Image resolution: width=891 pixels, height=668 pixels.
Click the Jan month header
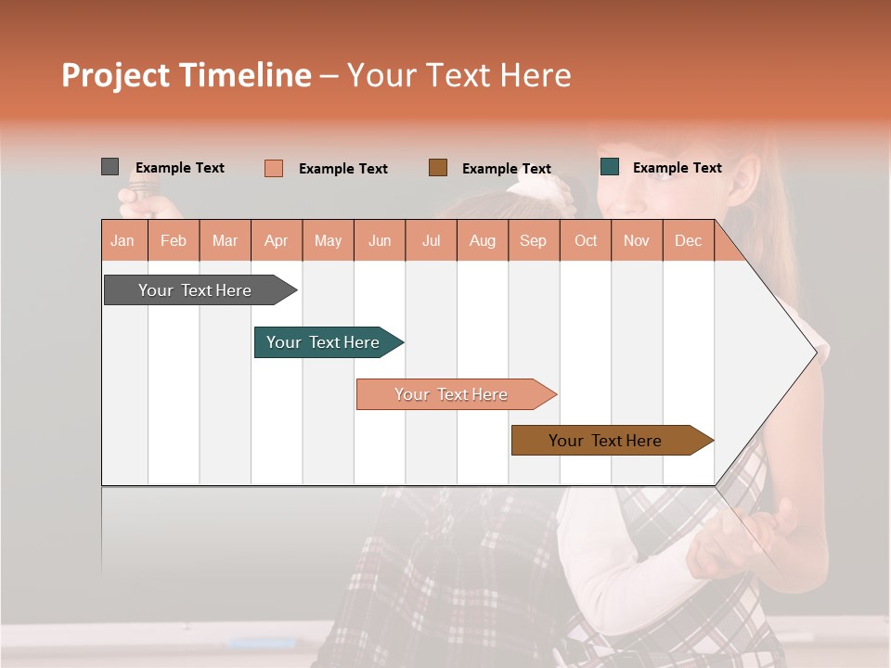point(123,241)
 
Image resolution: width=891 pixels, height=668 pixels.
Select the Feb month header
point(174,241)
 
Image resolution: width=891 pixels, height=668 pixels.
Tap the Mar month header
point(225,241)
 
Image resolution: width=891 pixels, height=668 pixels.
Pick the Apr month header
point(277,241)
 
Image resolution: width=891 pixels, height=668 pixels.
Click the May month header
point(328,241)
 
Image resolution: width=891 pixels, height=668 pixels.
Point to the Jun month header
point(380,241)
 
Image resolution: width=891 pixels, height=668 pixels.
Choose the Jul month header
point(431,241)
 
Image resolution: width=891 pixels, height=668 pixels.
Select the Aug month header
point(483,241)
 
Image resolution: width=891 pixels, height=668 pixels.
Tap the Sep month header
point(534,241)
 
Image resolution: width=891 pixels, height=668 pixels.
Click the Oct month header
point(586,241)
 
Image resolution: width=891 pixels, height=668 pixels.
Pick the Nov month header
point(637,241)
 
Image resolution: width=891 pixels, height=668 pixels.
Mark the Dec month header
point(688,241)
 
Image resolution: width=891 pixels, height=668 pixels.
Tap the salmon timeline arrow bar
point(452,394)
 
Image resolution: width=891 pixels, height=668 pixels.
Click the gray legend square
point(110,167)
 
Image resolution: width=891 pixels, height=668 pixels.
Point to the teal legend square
point(610,167)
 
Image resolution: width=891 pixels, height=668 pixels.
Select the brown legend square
point(438,168)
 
